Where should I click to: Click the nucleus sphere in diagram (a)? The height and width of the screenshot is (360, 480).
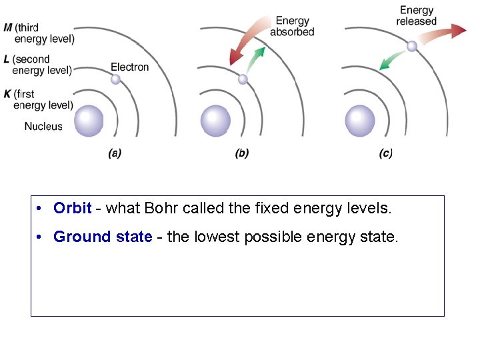click(89, 121)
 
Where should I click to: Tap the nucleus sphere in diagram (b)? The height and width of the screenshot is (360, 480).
click(215, 121)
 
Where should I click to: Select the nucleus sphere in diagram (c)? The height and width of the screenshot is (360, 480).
click(360, 121)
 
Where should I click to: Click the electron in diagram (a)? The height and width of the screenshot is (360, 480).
click(115, 79)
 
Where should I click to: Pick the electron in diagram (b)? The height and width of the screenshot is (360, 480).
click(243, 79)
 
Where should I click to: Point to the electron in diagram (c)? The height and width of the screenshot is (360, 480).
click(412, 46)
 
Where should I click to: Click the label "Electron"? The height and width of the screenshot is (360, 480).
click(129, 67)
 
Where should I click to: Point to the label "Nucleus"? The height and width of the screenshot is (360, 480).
click(43, 126)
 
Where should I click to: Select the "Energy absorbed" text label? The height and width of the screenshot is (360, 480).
click(292, 27)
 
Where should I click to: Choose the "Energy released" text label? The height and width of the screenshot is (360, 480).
click(416, 16)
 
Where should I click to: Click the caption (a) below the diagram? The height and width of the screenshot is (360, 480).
click(115, 153)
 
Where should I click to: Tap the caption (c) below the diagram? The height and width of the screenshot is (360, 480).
click(386, 153)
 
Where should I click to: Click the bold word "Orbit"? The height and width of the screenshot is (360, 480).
click(72, 208)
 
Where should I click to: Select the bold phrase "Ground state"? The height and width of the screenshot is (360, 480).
click(103, 237)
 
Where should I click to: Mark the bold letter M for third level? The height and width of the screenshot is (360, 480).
click(7, 27)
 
